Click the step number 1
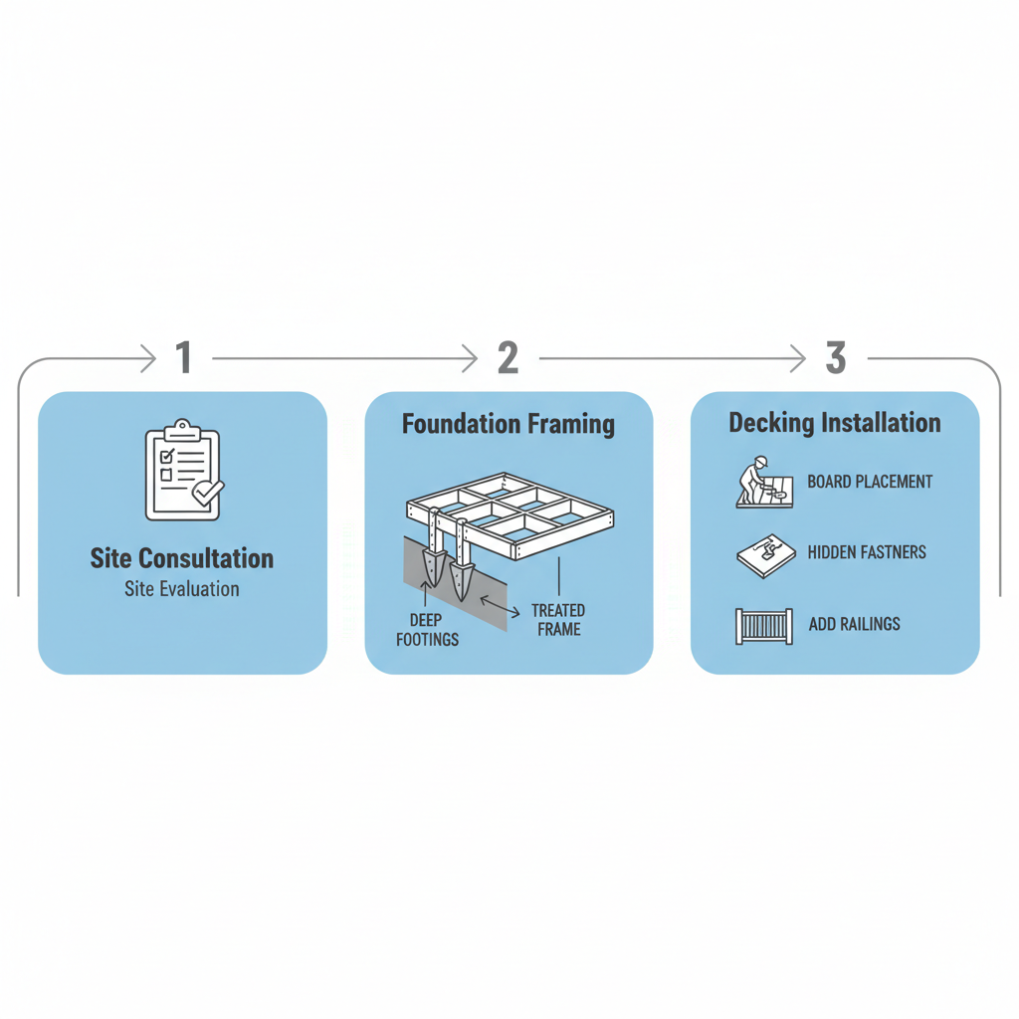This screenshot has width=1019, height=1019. click(x=183, y=358)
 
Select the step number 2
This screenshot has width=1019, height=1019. click(x=508, y=358)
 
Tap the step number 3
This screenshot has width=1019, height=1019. click(x=836, y=358)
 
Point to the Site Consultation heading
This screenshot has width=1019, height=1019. click(x=182, y=557)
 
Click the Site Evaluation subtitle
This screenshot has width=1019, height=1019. click(x=182, y=589)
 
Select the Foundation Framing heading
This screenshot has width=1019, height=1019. click(x=509, y=425)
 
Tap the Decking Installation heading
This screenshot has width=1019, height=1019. click(x=835, y=423)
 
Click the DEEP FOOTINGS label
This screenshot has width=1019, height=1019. click(x=428, y=630)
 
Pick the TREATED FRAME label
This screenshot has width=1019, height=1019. click(x=558, y=619)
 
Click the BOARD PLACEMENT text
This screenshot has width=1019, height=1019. click(x=870, y=482)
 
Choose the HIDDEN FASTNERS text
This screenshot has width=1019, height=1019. click(x=867, y=552)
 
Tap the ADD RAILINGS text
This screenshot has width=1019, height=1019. click(x=854, y=624)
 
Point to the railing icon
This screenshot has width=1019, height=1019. click(x=764, y=626)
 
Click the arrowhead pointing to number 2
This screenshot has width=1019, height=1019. click(x=470, y=358)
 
